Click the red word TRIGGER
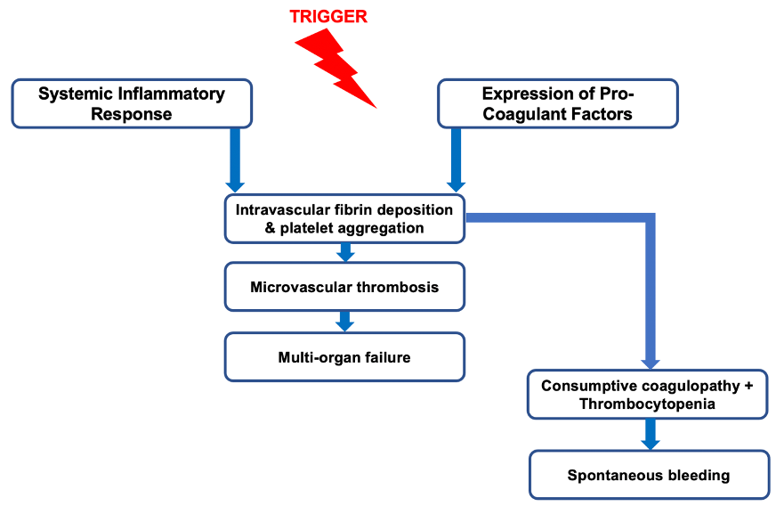pyautogui.click(x=328, y=16)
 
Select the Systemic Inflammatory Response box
pyautogui.click(x=132, y=103)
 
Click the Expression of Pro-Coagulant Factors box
pyautogui.click(x=557, y=103)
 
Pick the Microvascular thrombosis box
pyautogui.click(x=344, y=287)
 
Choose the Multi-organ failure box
pyautogui.click(x=344, y=357)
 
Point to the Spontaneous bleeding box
pyautogui.click(x=649, y=474)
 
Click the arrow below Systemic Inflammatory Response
pyautogui.click(x=235, y=159)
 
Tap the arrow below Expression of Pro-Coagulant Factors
pyautogui.click(x=456, y=159)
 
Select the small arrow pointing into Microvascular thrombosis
pyautogui.click(x=345, y=252)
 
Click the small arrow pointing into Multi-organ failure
pyautogui.click(x=345, y=321)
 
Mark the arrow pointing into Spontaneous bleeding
pyautogui.click(x=650, y=434)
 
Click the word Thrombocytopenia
pyautogui.click(x=649, y=404)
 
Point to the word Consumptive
pyautogui.click(x=586, y=386)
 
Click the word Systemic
pyautogui.click(x=73, y=94)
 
